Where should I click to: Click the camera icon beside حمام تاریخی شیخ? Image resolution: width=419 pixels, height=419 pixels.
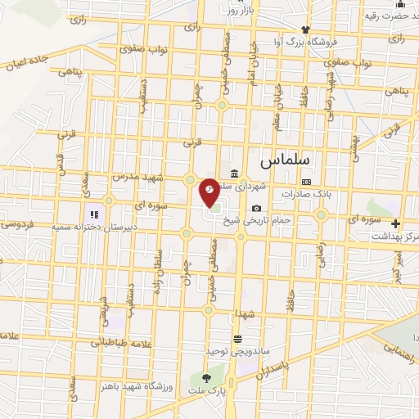(x=258, y=208)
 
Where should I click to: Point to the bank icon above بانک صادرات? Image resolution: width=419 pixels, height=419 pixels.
(x=306, y=182)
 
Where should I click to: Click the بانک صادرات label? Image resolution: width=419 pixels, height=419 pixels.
(x=305, y=194)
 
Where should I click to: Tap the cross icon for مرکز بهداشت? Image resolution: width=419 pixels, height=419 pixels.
(x=396, y=223)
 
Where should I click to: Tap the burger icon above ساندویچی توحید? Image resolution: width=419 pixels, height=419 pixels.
(x=237, y=338)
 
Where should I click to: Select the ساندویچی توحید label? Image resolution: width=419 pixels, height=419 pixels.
(x=237, y=350)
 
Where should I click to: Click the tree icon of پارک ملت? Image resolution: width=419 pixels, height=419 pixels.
(x=205, y=378)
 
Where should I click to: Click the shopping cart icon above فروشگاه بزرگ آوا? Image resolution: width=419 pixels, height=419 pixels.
(x=282, y=29)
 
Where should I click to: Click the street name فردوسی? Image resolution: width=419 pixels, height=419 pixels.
(x=15, y=223)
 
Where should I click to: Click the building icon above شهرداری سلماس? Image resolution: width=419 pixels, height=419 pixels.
(x=236, y=173)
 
